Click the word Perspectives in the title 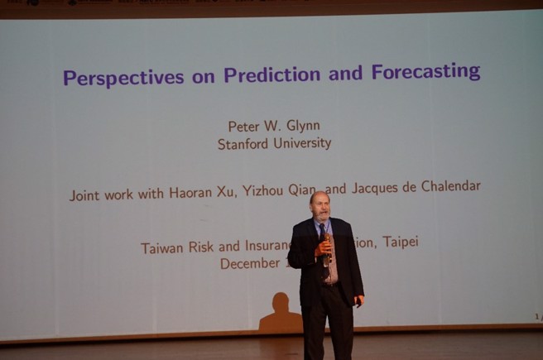click(x=123, y=78)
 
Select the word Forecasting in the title click(x=425, y=72)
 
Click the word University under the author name click(x=303, y=143)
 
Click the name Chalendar click(x=450, y=186)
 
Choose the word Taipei click(x=400, y=242)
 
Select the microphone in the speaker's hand click(x=327, y=242)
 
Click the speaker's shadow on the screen click(x=280, y=314)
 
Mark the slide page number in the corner click(x=536, y=315)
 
